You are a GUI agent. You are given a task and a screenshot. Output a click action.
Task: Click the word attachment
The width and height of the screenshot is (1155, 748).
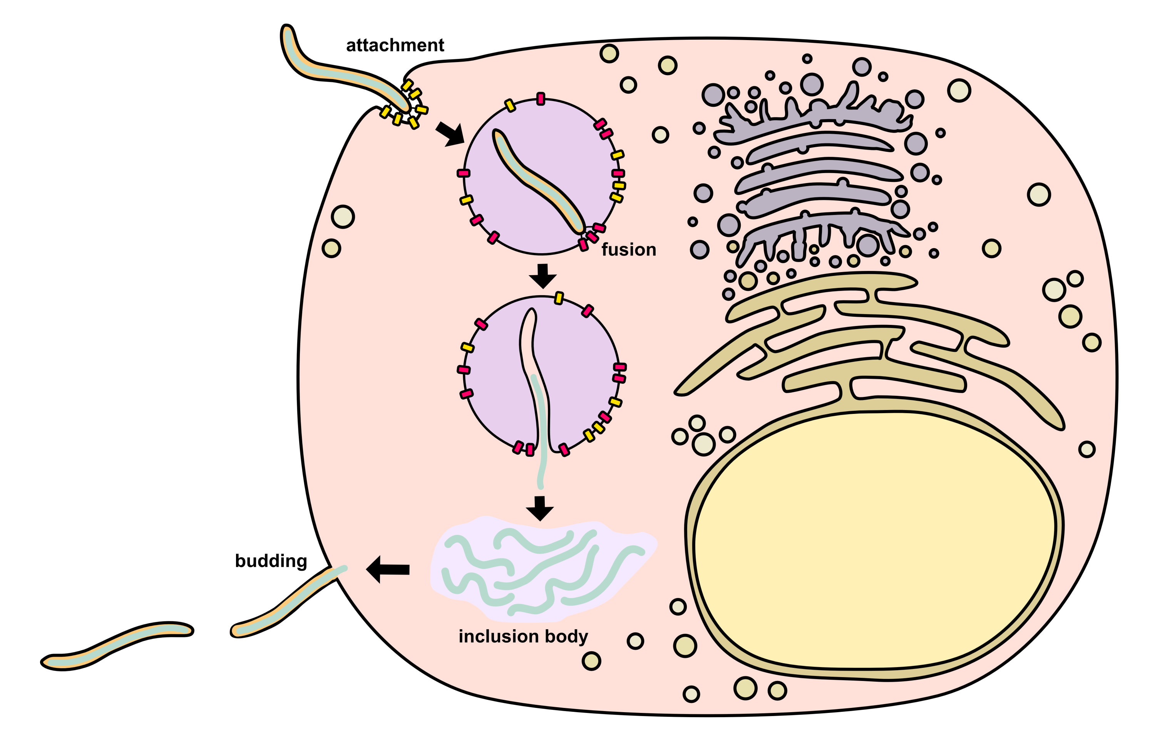point(395,45)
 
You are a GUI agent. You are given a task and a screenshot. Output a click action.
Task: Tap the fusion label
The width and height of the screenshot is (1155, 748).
point(628,250)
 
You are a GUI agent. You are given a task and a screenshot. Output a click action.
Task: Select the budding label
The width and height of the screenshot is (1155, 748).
point(271,561)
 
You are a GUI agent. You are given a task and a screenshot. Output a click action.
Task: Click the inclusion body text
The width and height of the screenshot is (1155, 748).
point(523,636)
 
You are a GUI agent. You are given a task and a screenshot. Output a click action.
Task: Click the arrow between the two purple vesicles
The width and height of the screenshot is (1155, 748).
point(542,276)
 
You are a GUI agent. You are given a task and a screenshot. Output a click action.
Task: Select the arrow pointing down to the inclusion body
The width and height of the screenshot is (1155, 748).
point(540,508)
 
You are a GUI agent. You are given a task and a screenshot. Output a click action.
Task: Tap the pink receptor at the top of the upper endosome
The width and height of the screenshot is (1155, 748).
point(541,99)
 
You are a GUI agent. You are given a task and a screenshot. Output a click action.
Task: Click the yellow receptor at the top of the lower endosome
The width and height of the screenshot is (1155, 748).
point(559,298)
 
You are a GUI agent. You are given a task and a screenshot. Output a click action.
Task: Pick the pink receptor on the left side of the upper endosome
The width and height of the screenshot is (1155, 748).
point(464,173)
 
